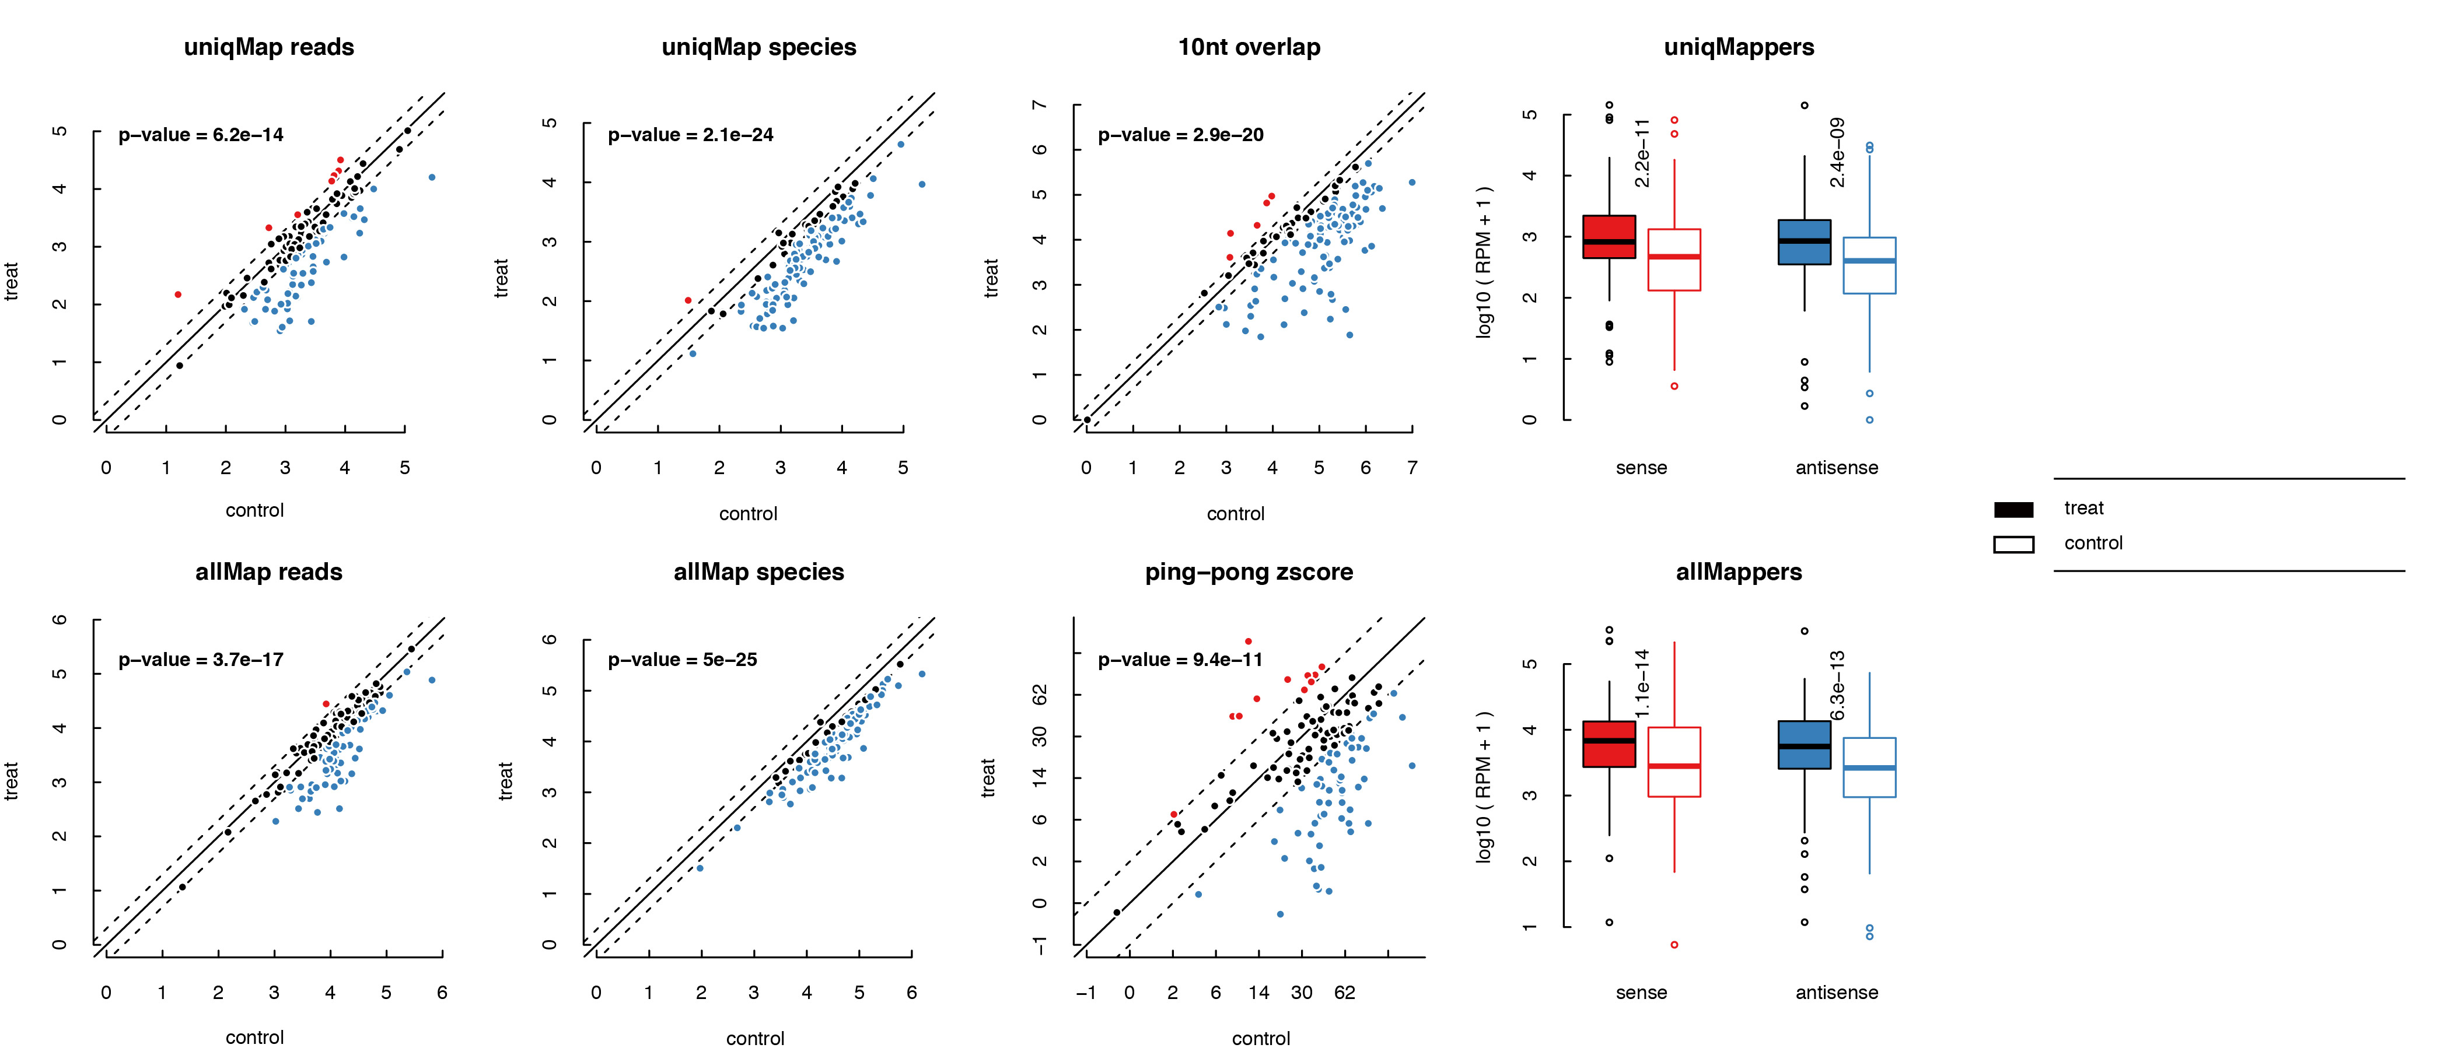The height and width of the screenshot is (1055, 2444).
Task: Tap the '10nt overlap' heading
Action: pos(1249,47)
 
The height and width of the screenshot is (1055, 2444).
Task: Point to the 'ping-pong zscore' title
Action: pos(1249,572)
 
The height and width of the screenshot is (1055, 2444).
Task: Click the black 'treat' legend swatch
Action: pos(2013,510)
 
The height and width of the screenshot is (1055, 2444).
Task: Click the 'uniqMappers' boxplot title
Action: pos(1738,47)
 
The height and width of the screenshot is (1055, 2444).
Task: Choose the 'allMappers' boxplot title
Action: pos(1738,572)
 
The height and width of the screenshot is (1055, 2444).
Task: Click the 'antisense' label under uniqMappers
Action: pos(1836,468)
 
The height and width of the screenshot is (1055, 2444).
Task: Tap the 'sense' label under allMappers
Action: pos(1641,993)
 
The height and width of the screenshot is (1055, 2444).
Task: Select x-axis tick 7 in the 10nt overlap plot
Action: pos(1412,468)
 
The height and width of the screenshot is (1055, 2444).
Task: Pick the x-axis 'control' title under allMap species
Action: pos(754,1039)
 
